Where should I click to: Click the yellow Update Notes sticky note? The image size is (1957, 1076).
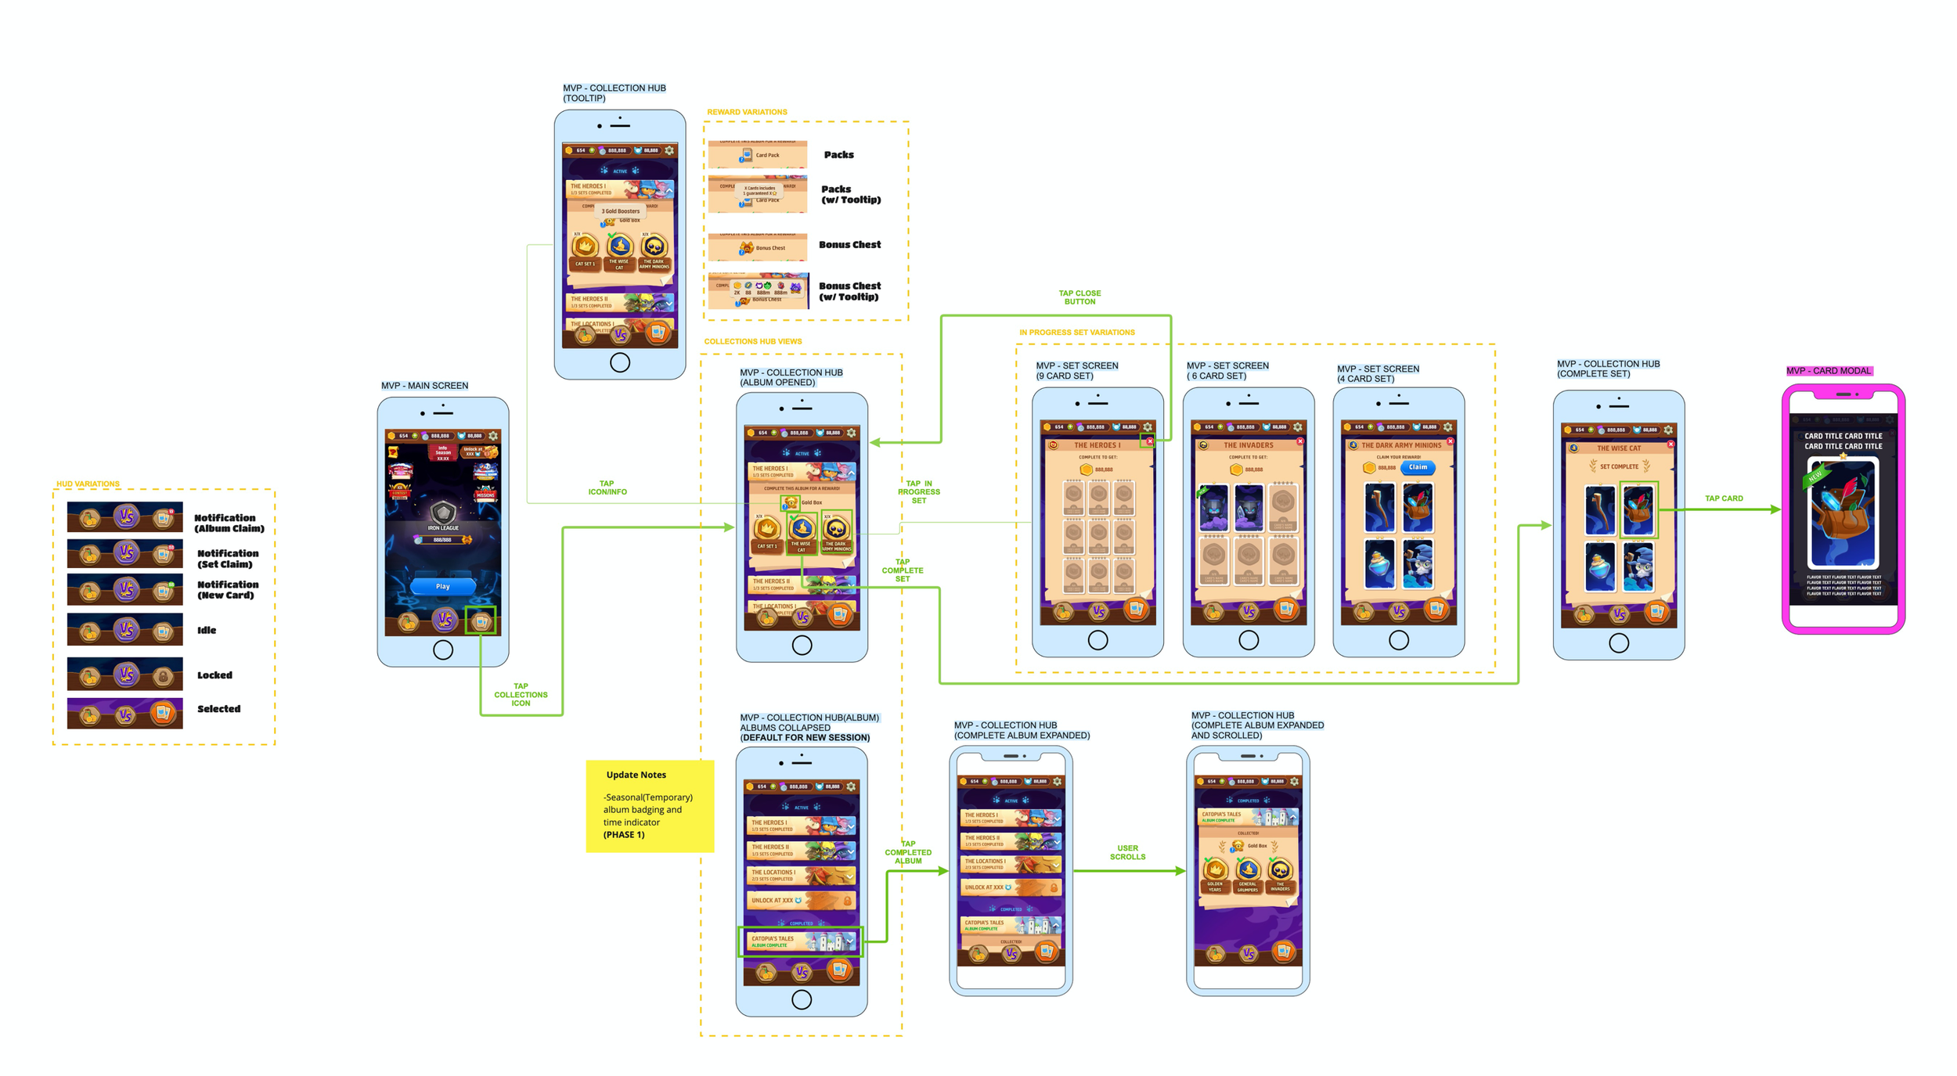[650, 805]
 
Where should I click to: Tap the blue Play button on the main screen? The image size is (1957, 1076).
[442, 586]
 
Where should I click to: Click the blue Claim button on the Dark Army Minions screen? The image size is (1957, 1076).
[1417, 467]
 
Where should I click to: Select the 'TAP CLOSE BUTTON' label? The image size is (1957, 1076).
[1079, 297]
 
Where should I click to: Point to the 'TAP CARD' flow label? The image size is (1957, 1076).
[1724, 498]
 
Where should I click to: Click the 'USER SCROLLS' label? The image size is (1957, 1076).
[1127, 852]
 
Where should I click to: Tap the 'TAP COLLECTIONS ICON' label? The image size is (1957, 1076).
[521, 695]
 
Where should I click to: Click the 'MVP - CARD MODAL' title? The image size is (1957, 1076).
[1829, 371]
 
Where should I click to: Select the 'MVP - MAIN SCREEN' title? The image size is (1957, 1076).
[424, 386]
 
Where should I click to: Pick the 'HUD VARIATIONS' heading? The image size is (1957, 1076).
[88, 484]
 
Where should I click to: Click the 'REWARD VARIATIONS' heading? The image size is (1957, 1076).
[747, 112]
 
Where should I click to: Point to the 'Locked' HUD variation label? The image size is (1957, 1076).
[214, 675]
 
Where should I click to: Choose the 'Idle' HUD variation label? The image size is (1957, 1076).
[207, 630]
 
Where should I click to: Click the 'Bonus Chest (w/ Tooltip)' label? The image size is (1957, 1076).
[849, 291]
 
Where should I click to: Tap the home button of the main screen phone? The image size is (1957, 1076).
[443, 650]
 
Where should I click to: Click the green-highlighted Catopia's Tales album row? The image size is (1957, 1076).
[800, 941]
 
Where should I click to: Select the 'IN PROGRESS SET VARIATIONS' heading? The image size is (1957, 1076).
[1076, 333]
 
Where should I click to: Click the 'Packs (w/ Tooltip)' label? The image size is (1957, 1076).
[850, 194]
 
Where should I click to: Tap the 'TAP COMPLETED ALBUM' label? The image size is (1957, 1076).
[908, 852]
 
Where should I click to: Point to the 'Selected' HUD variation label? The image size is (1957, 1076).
[218, 709]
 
